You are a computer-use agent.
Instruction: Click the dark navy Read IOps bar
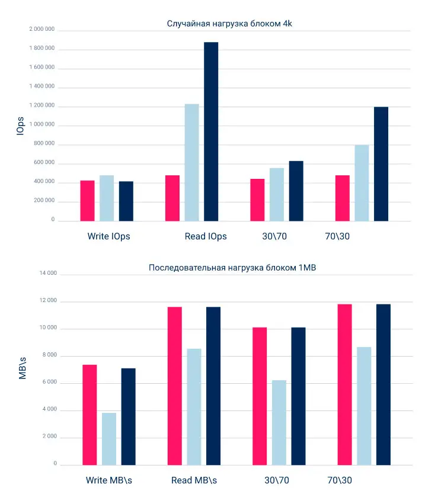pos(211,131)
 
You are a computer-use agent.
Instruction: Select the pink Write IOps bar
pos(88,200)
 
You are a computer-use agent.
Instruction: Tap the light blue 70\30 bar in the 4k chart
pos(362,182)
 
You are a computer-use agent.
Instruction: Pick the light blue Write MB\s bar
pos(109,438)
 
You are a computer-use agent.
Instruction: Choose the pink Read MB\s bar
pos(175,386)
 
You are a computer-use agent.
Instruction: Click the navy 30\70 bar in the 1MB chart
pos(298,396)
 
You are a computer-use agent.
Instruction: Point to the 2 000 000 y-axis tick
pos(41,29)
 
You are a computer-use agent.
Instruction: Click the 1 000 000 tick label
pos(41,125)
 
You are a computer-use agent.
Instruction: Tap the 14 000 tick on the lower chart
pos(47,274)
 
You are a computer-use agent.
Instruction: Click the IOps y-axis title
pos(21,125)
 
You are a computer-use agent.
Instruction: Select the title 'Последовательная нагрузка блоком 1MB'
pos(232,268)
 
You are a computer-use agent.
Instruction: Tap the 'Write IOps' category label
pos(108,236)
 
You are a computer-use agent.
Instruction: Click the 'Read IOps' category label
pos(206,236)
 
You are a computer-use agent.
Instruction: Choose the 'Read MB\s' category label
pos(194,480)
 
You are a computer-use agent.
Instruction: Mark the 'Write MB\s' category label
pos(109,480)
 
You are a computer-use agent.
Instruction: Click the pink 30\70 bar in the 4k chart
pos(257,200)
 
